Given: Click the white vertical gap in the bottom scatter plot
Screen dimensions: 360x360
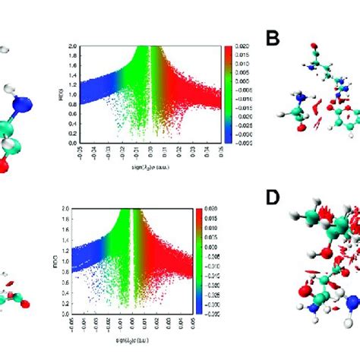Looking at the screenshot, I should (x=133, y=243).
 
